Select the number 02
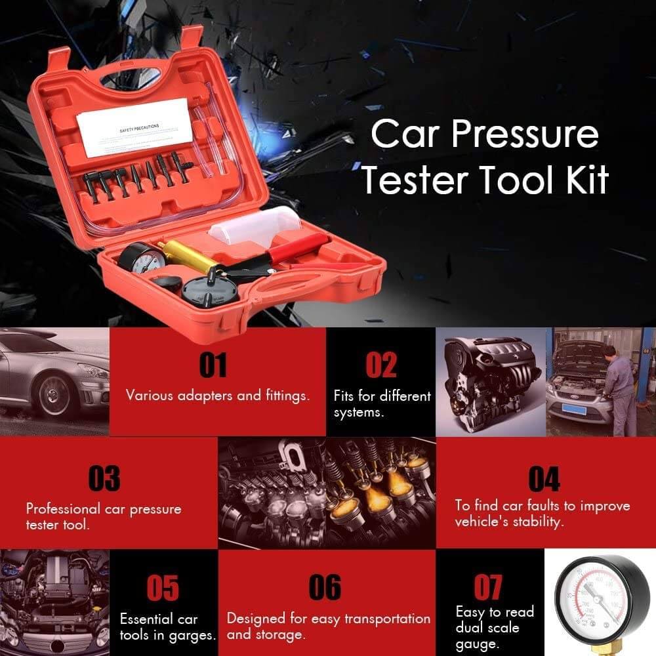tap(380, 366)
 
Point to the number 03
tap(104, 479)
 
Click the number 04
tap(544, 479)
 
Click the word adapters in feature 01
tap(199, 396)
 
